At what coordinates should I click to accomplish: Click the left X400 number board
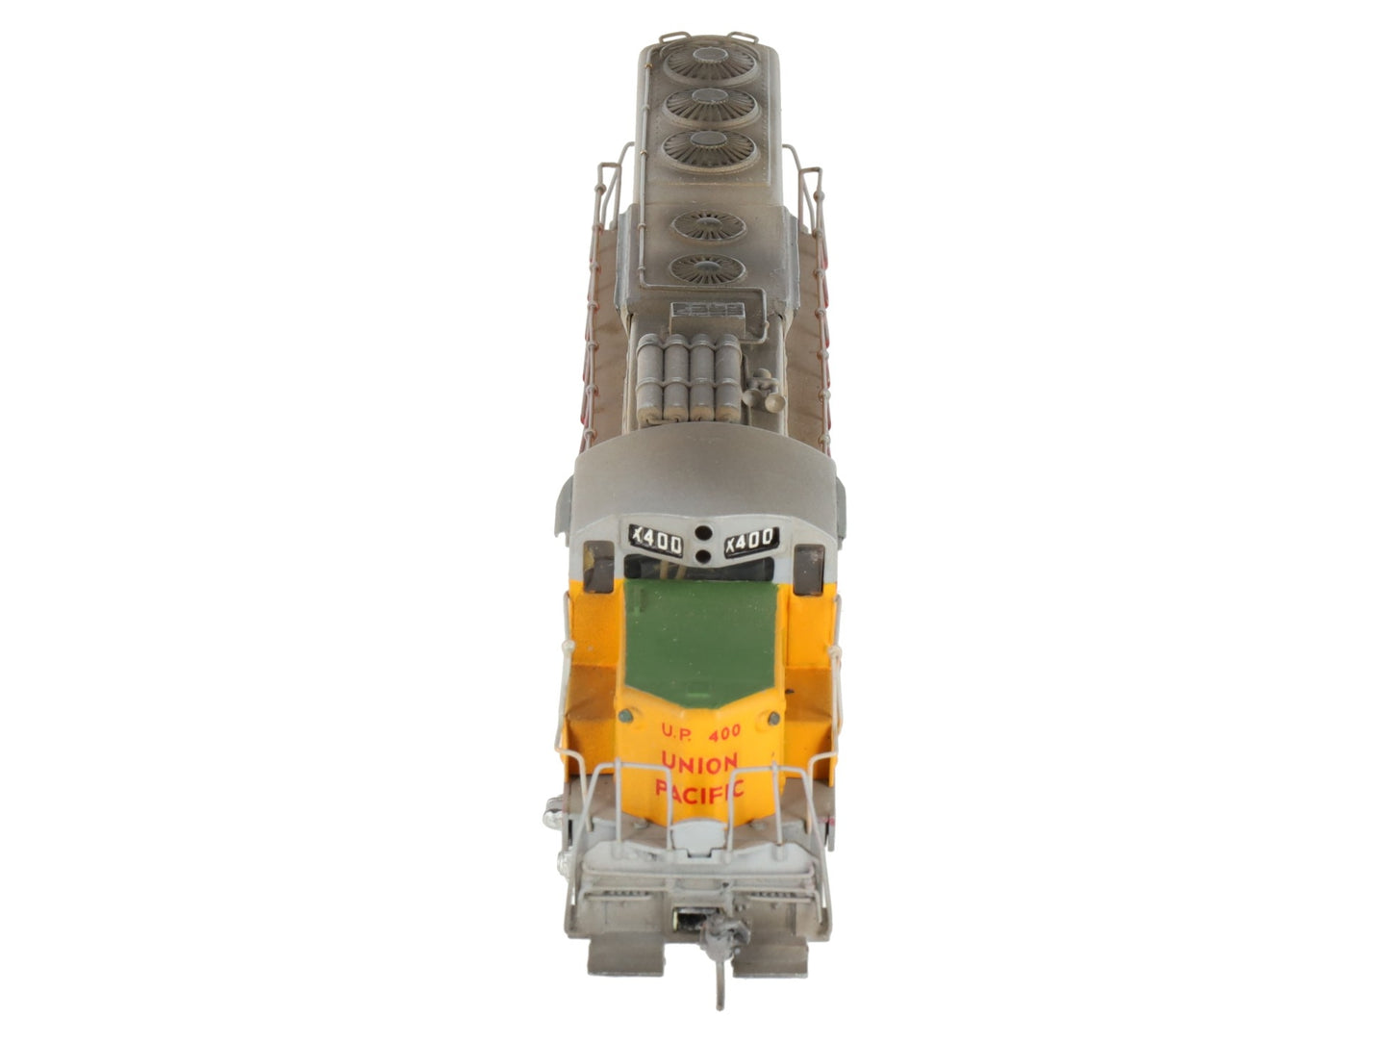click(656, 542)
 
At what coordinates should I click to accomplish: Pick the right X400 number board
click(751, 541)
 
